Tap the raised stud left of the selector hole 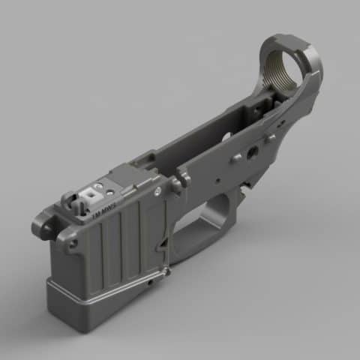click(236, 158)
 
